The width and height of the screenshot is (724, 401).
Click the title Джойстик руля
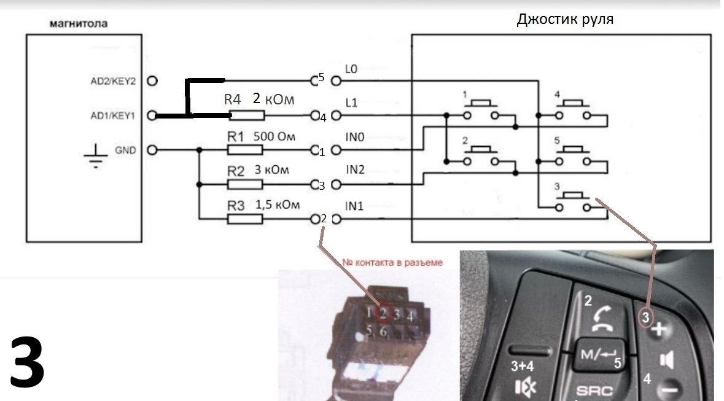565,19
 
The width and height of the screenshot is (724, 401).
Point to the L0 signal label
351,71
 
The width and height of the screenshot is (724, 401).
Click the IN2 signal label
355,170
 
